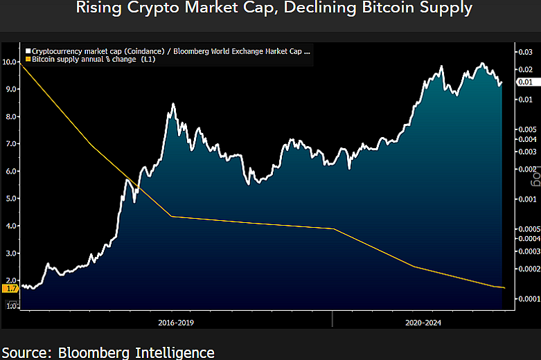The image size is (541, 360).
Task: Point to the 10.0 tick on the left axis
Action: tap(10, 62)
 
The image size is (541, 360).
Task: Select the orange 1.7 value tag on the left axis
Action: tap(10, 288)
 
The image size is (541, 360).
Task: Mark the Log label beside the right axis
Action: tap(534, 181)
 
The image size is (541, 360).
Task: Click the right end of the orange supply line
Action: tap(504, 287)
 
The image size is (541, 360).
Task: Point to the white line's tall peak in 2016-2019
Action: tap(172, 105)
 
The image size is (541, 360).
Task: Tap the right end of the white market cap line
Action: tap(501, 84)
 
